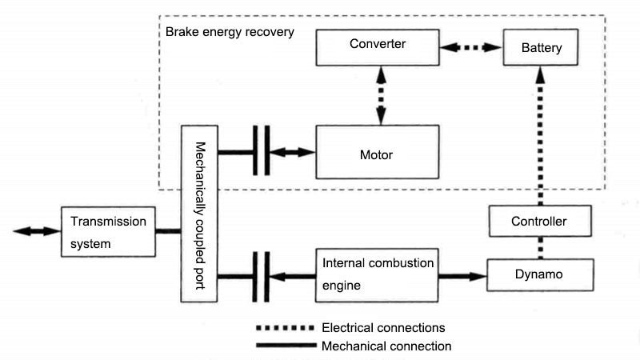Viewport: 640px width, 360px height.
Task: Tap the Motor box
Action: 376,152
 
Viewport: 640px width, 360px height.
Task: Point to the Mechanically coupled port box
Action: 200,213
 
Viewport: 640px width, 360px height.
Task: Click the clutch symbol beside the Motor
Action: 261,151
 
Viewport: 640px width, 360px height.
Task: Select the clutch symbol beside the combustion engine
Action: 261,276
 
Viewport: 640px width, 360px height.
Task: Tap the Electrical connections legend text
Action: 382,328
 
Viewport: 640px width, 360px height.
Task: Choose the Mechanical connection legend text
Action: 386,346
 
